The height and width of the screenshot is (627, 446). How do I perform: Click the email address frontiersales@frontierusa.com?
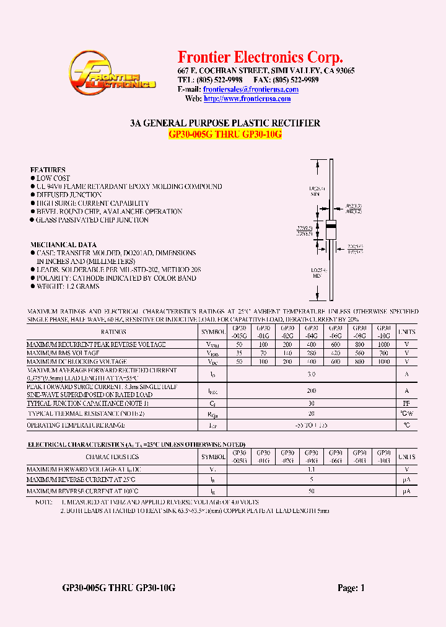pos(251,89)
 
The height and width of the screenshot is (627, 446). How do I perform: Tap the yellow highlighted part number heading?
pos(225,134)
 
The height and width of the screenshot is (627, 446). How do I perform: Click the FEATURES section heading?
pos(48,170)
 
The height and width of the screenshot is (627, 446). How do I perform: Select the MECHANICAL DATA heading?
pos(63,245)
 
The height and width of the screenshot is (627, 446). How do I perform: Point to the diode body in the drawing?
pos(330,228)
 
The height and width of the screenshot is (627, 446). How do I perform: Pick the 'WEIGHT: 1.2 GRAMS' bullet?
pos(68,287)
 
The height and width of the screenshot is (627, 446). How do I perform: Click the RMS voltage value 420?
pos(335,353)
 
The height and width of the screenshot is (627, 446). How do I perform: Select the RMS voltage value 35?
pos(239,353)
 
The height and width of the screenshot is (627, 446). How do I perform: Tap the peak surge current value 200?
pos(312,391)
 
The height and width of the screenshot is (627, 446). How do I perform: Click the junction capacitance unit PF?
pos(407,403)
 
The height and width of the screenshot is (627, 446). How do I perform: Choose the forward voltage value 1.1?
pos(312,470)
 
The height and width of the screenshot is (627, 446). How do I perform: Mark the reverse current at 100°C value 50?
pos(312,491)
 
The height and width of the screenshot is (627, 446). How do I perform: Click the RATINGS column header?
pos(113,332)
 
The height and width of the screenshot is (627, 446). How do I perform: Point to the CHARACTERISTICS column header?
pos(113,457)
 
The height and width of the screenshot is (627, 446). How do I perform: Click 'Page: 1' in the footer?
pos(351,588)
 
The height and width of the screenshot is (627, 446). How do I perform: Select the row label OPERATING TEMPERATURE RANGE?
pos(76,425)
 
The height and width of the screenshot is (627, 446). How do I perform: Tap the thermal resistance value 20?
pos(312,413)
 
